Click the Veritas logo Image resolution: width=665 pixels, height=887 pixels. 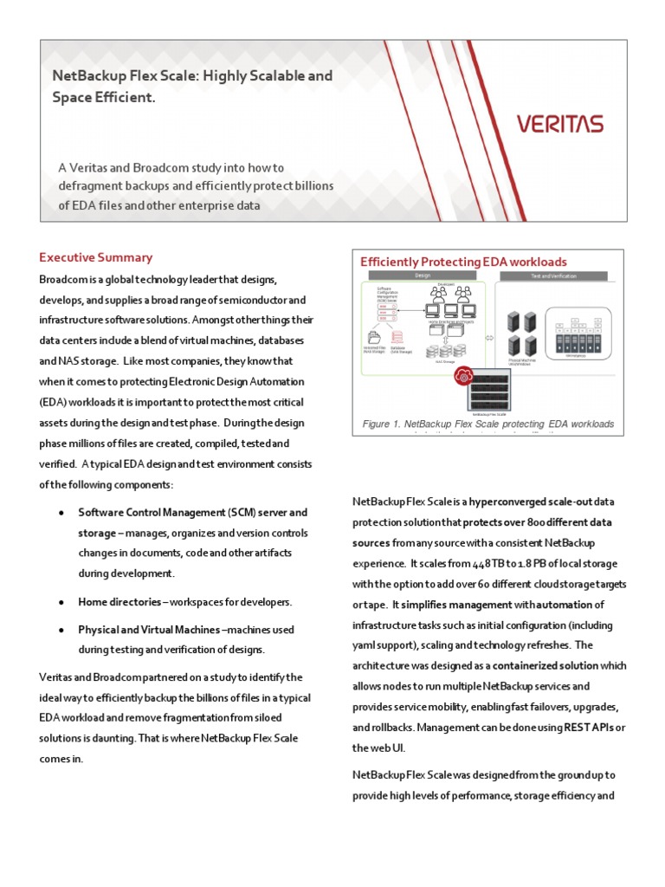[x=560, y=124]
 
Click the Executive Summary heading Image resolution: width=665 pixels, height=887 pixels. [x=95, y=257]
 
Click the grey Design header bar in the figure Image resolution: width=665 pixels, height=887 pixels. [x=423, y=275]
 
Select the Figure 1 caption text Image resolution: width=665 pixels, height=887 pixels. [x=488, y=424]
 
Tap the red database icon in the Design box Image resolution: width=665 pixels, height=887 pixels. [x=397, y=338]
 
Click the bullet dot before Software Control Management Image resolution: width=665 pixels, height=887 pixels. [x=61, y=513]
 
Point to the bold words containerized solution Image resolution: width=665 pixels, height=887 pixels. [x=546, y=665]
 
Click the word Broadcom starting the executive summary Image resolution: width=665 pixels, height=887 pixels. [x=63, y=279]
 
